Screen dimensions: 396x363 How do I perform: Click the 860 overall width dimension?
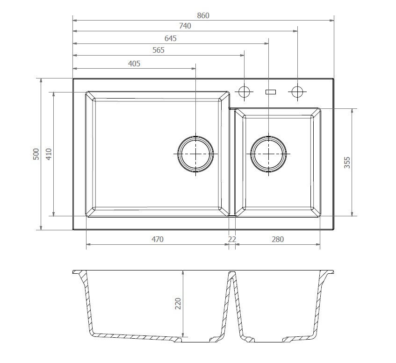tap(203, 16)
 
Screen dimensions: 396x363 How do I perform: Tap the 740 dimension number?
tap(185, 26)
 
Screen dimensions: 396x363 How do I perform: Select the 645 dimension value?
tap(171, 38)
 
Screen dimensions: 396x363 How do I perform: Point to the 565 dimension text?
tap(158, 50)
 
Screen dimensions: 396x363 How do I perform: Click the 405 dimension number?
tap(134, 64)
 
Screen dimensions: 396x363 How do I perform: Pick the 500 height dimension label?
tap(36, 154)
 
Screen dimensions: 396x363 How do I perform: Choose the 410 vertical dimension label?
tap(49, 154)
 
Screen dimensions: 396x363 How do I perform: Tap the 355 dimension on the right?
tap(347, 163)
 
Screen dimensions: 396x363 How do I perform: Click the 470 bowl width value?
tap(158, 239)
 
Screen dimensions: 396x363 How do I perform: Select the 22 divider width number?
tap(232, 239)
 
